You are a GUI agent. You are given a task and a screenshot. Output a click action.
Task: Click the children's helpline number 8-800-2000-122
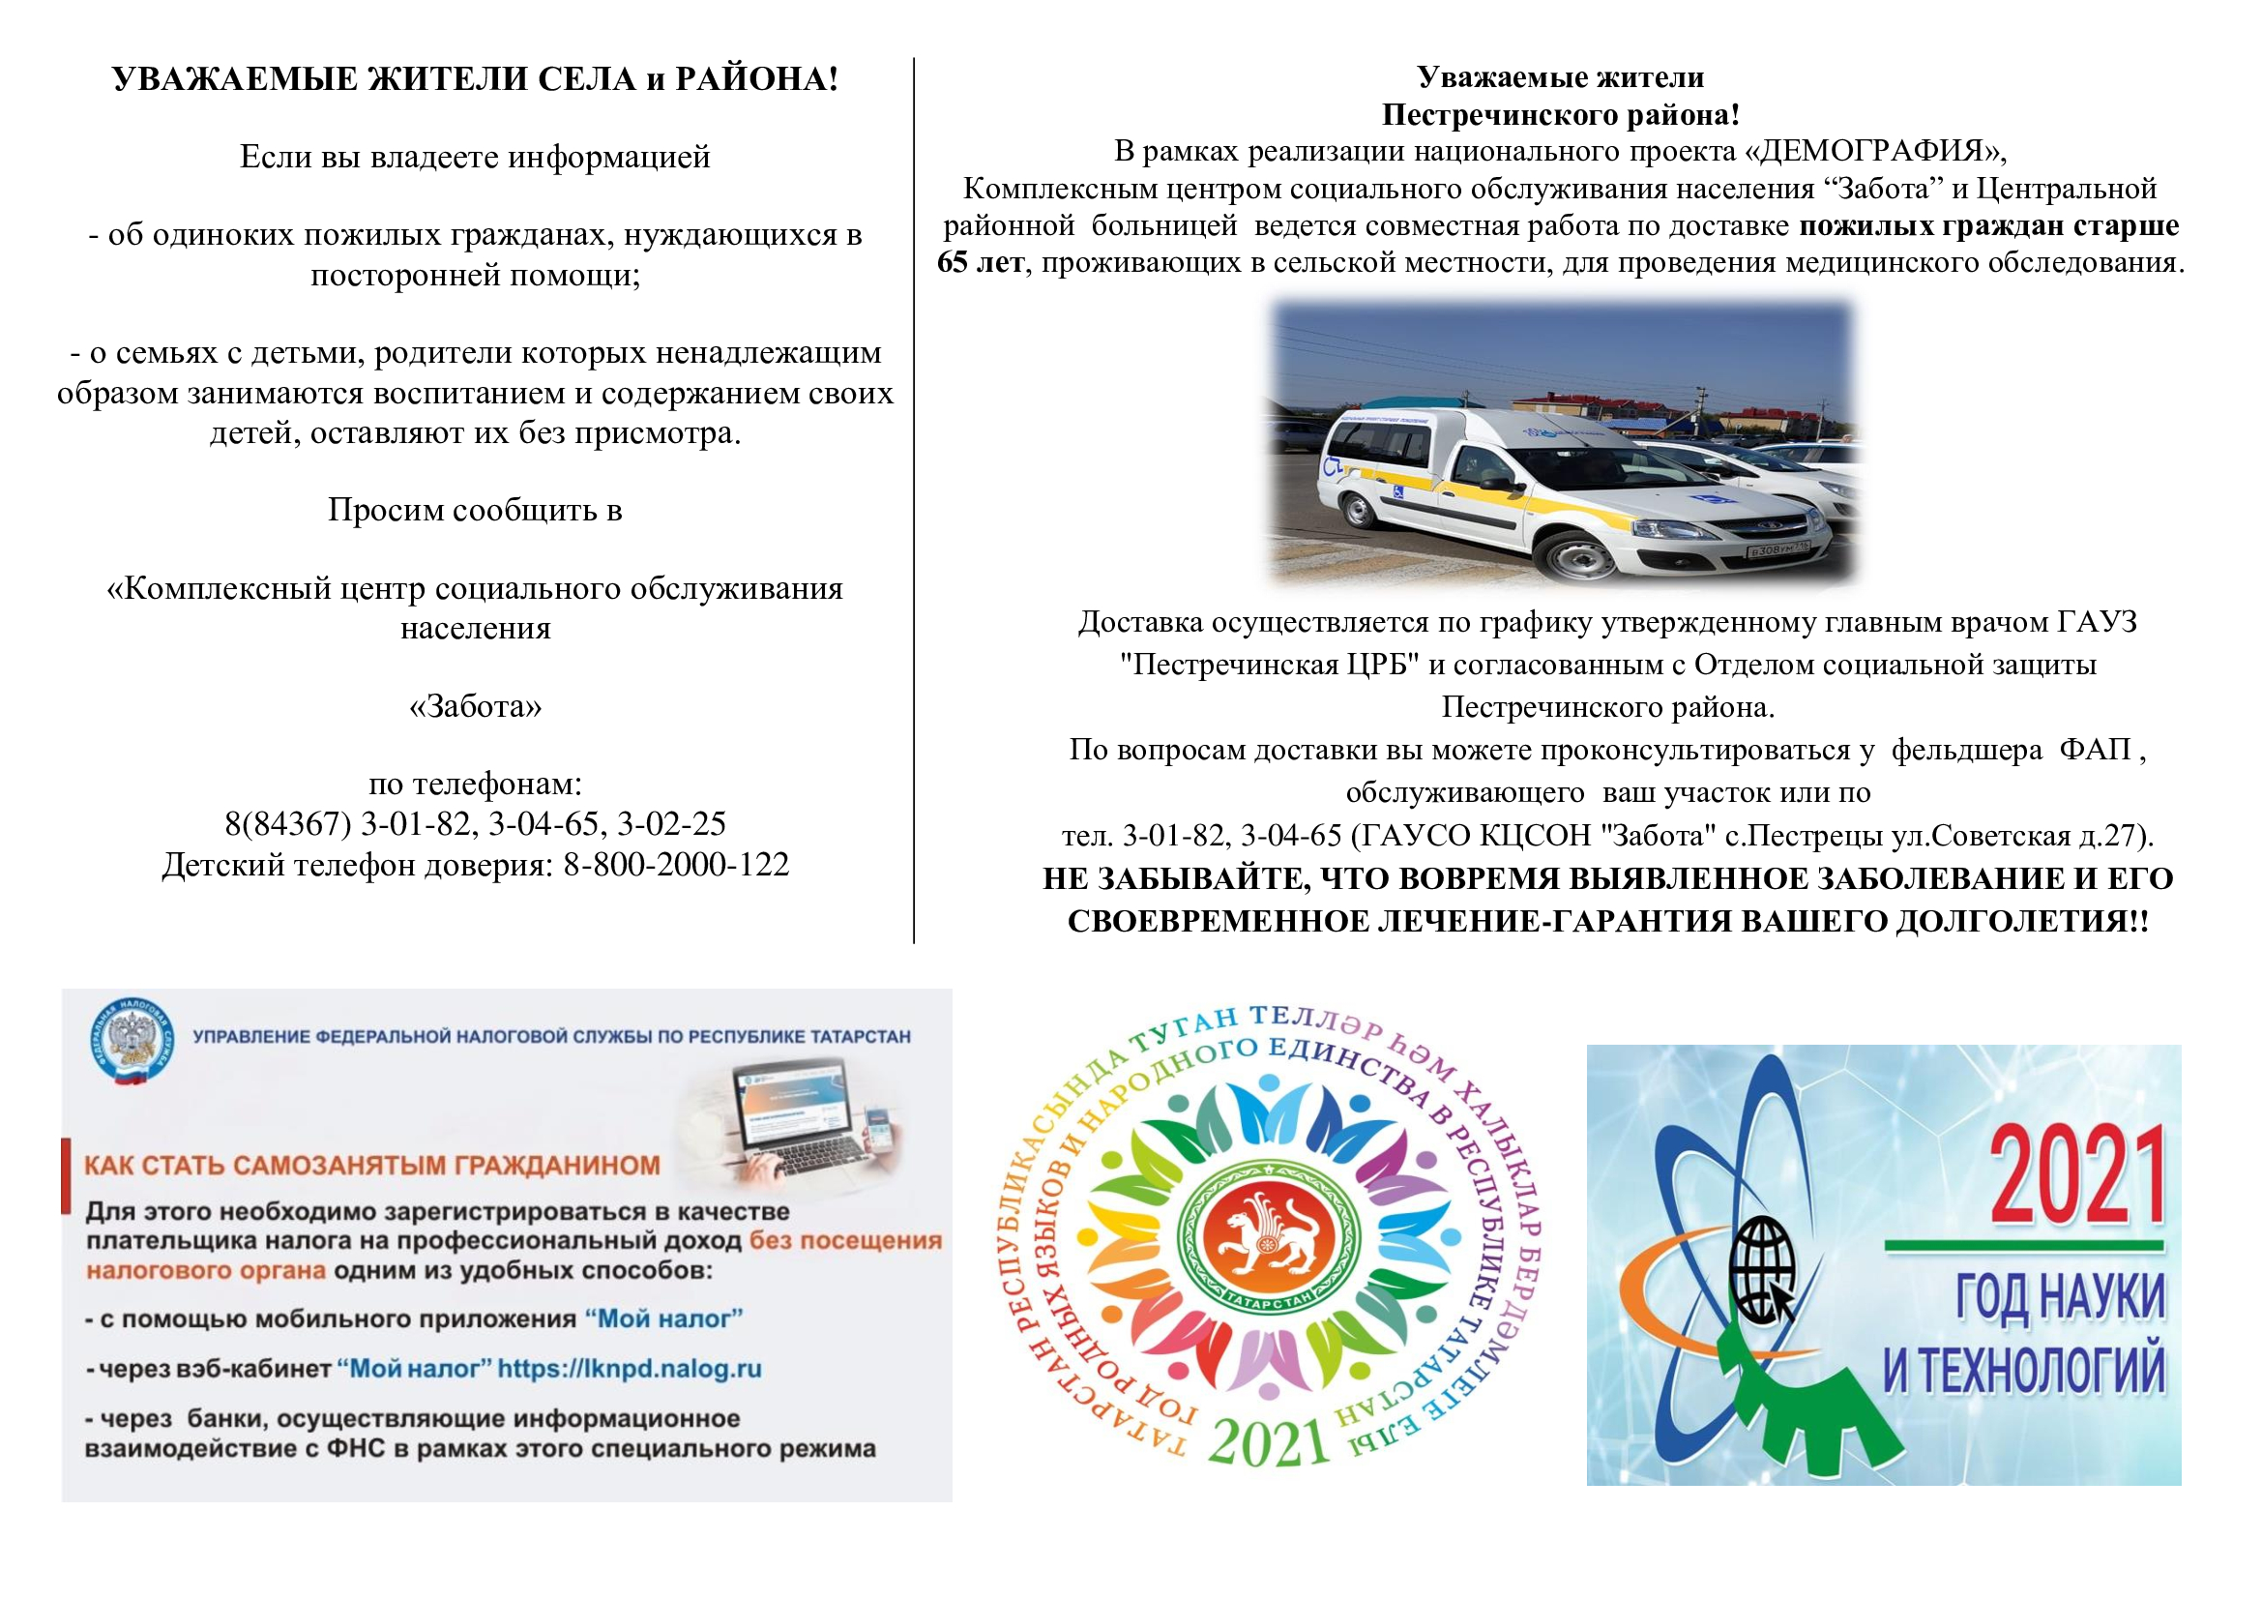(676, 865)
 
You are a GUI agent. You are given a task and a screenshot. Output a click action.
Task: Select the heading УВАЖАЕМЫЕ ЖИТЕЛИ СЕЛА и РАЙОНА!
(475, 78)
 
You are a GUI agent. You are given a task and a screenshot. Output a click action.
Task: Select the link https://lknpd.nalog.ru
(630, 1369)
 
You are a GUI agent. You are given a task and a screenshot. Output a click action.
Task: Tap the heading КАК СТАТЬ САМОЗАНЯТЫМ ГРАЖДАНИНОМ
(372, 1166)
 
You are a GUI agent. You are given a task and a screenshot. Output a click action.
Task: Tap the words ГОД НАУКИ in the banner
(2060, 1297)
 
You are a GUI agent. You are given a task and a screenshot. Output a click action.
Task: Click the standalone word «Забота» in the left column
(475, 706)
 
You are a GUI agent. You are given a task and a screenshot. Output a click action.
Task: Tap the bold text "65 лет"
(981, 263)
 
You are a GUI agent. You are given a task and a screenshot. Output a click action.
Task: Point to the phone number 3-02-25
(671, 823)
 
